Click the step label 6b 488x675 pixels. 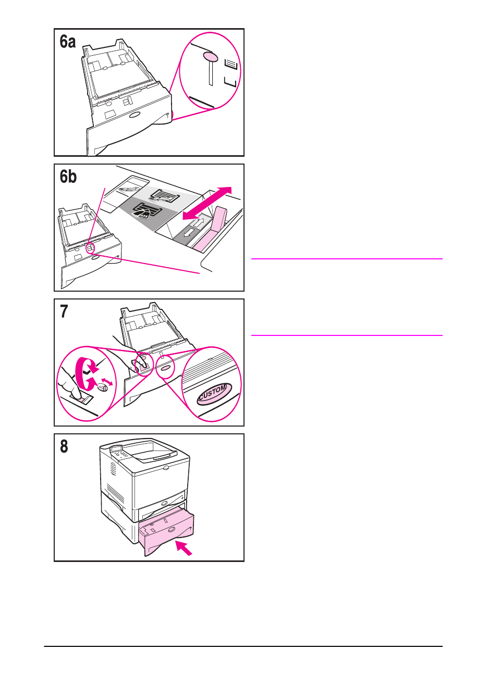[68, 177]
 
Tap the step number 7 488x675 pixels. [64, 311]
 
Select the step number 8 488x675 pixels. [64, 447]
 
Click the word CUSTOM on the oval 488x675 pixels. [213, 393]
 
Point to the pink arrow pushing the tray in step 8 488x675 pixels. [184, 548]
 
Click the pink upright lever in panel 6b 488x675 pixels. [219, 219]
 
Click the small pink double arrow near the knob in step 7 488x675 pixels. [106, 383]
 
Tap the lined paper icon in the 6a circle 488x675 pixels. [231, 65]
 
